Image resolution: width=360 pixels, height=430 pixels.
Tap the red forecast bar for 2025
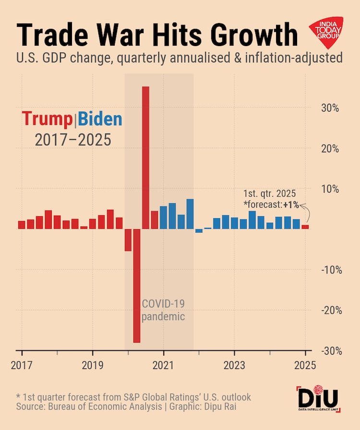(305, 227)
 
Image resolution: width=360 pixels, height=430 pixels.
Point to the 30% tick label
(330, 108)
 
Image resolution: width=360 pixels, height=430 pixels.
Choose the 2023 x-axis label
(234, 365)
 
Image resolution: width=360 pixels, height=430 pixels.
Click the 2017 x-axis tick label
(22, 365)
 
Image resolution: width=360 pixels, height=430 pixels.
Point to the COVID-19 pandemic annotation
(163, 310)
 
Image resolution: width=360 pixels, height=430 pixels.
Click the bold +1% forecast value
(291, 205)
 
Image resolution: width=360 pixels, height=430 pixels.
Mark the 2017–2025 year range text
(73, 140)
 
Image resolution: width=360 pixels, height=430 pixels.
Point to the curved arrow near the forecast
(305, 211)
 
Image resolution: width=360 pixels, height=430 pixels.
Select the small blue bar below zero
(199, 231)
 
